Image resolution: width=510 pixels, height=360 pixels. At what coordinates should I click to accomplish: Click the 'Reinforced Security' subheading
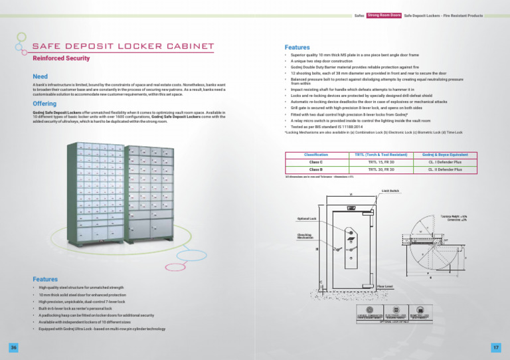click(x=61, y=58)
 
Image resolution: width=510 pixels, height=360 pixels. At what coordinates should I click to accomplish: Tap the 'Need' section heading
click(x=40, y=77)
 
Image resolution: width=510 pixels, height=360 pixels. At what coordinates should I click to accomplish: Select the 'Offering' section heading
click(x=44, y=104)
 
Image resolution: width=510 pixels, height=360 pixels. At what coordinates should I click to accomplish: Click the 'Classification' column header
click(x=315, y=154)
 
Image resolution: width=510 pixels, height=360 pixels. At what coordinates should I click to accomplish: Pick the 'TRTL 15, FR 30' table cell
click(x=381, y=162)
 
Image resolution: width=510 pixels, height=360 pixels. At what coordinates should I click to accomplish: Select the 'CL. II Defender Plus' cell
click(x=445, y=169)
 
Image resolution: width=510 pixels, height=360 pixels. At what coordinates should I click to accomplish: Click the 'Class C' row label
click(x=315, y=162)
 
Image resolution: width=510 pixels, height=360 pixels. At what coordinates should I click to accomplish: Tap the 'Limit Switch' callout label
click(x=390, y=190)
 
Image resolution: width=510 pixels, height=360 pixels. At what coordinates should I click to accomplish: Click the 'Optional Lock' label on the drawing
click(x=306, y=219)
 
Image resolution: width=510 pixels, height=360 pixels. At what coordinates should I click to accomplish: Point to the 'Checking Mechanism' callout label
click(x=305, y=236)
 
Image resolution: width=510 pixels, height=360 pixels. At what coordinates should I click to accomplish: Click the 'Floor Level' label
click(x=385, y=286)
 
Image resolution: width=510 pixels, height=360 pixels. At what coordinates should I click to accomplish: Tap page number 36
click(x=13, y=347)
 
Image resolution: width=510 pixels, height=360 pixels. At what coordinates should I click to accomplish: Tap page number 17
click(x=496, y=347)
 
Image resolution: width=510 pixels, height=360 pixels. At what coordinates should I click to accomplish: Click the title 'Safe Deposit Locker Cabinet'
click(x=123, y=46)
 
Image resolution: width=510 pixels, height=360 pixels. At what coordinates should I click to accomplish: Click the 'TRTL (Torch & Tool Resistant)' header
click(x=381, y=154)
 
